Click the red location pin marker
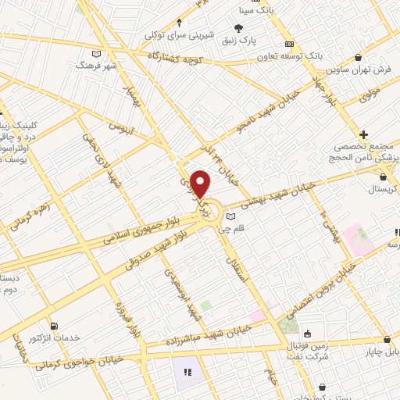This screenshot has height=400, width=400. (202, 184)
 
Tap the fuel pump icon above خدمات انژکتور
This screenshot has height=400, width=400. (52, 326)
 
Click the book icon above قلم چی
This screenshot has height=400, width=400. (230, 216)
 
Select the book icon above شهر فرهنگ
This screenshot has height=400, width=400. (96, 54)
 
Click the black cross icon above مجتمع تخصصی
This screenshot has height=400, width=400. (364, 134)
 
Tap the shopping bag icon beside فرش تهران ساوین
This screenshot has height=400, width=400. (358, 57)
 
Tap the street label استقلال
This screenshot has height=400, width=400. (234, 273)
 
